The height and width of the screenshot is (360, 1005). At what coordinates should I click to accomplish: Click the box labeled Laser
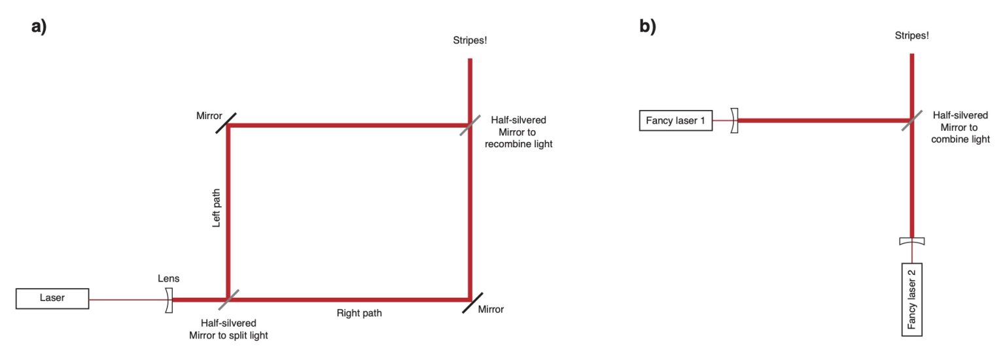pyautogui.click(x=52, y=299)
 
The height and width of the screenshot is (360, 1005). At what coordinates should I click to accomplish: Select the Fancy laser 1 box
pyautogui.click(x=675, y=121)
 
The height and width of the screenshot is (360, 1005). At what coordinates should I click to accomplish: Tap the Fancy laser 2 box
pyautogui.click(x=911, y=300)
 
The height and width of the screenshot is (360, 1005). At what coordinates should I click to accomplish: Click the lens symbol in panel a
pyautogui.click(x=169, y=300)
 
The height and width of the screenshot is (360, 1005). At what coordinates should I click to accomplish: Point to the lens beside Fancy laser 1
pyautogui.click(x=734, y=121)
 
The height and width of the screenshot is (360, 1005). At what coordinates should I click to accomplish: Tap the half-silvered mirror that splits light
pyautogui.click(x=227, y=300)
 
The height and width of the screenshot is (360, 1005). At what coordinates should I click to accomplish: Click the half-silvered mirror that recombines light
pyautogui.click(x=470, y=124)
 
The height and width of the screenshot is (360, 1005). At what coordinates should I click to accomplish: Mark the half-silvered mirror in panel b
pyautogui.click(x=911, y=121)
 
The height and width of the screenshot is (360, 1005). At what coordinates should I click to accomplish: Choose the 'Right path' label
pyautogui.click(x=359, y=313)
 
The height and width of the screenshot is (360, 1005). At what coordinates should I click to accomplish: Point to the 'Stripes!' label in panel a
pyautogui.click(x=470, y=41)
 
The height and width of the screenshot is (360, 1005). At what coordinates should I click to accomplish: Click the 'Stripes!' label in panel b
pyautogui.click(x=911, y=36)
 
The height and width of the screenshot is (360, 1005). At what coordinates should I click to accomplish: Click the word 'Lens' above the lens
pyautogui.click(x=168, y=278)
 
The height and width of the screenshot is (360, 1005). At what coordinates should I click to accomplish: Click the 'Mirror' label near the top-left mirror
pyautogui.click(x=209, y=116)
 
